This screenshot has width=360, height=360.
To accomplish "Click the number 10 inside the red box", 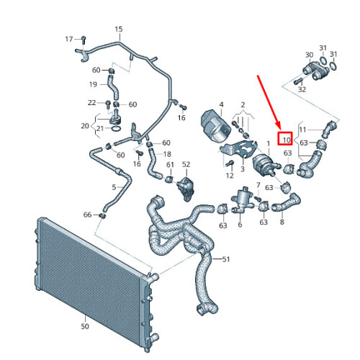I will [x=286, y=140].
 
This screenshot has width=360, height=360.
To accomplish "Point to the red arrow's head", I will [x=284, y=129].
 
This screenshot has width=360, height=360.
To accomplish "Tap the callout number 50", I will [x=85, y=326].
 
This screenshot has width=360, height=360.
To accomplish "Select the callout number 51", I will [x=227, y=259].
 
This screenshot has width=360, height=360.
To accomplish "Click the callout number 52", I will [x=185, y=165].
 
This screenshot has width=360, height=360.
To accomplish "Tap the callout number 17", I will [x=69, y=38].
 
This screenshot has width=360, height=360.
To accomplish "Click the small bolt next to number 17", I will [x=84, y=38].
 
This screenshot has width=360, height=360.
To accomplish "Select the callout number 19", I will [x=93, y=84].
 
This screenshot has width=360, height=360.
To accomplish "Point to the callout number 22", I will [x=91, y=103].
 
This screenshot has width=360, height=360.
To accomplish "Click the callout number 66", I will [x=87, y=215].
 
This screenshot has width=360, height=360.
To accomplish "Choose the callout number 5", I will [x=113, y=187].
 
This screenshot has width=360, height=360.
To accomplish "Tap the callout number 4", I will [x=222, y=104].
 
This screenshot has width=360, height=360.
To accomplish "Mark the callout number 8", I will [x=282, y=222].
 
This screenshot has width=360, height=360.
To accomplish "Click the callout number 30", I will [x=309, y=55].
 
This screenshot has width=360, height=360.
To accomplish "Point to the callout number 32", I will [x=302, y=90].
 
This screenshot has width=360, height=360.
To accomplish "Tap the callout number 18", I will [x=167, y=154].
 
